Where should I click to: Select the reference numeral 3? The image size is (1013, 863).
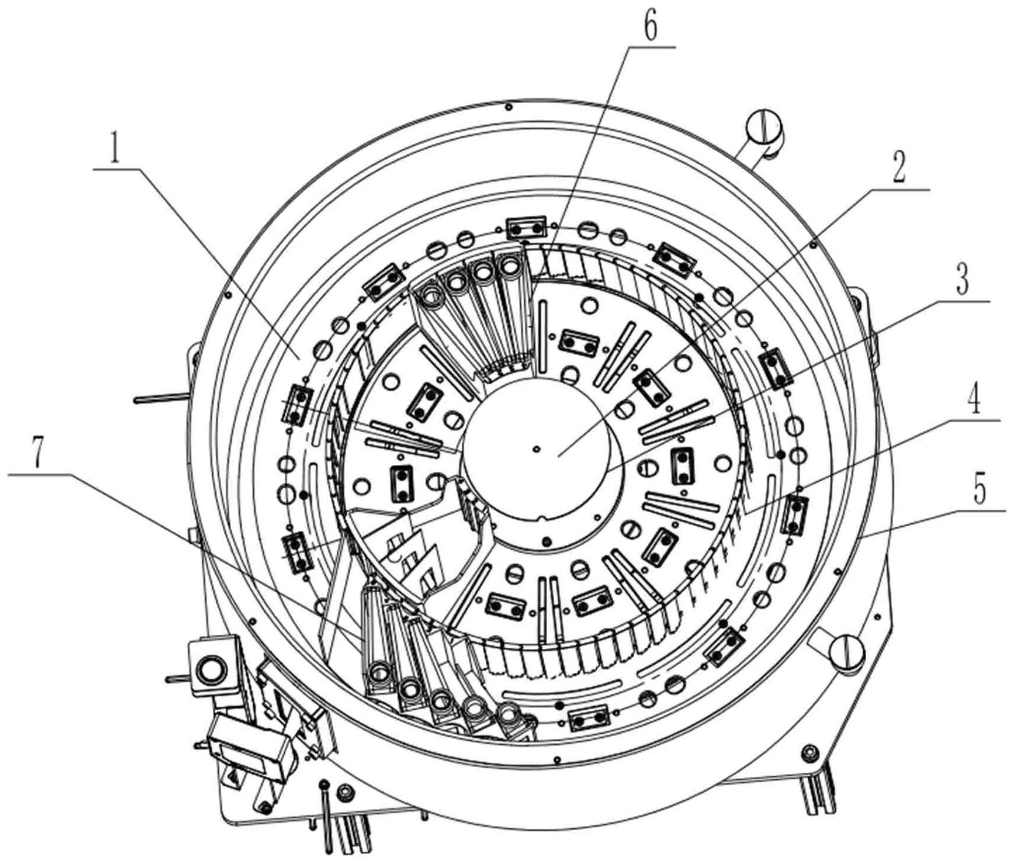pos(962,279)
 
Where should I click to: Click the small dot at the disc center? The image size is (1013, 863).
pos(536,449)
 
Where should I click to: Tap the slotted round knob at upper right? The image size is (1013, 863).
pos(763,126)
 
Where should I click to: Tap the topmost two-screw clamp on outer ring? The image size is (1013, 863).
pos(525,228)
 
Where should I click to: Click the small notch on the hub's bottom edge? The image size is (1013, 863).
pos(542,519)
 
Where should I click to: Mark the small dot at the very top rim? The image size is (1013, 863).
pos(508,107)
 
